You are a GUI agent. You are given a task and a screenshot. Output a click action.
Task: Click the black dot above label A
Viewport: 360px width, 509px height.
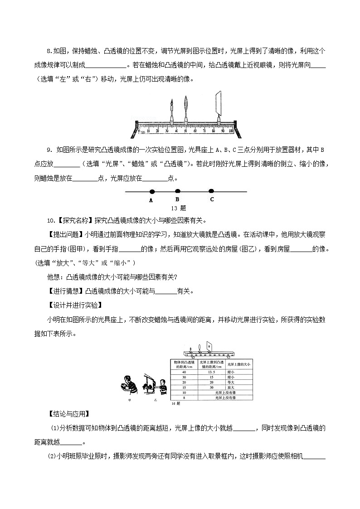click(x=151, y=192)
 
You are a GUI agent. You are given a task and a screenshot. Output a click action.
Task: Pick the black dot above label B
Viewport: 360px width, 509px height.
click(x=178, y=191)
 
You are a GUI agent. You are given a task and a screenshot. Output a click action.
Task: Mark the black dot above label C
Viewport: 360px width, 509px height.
click(x=211, y=191)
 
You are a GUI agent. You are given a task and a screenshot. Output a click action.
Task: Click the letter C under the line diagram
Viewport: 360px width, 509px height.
click(x=212, y=199)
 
